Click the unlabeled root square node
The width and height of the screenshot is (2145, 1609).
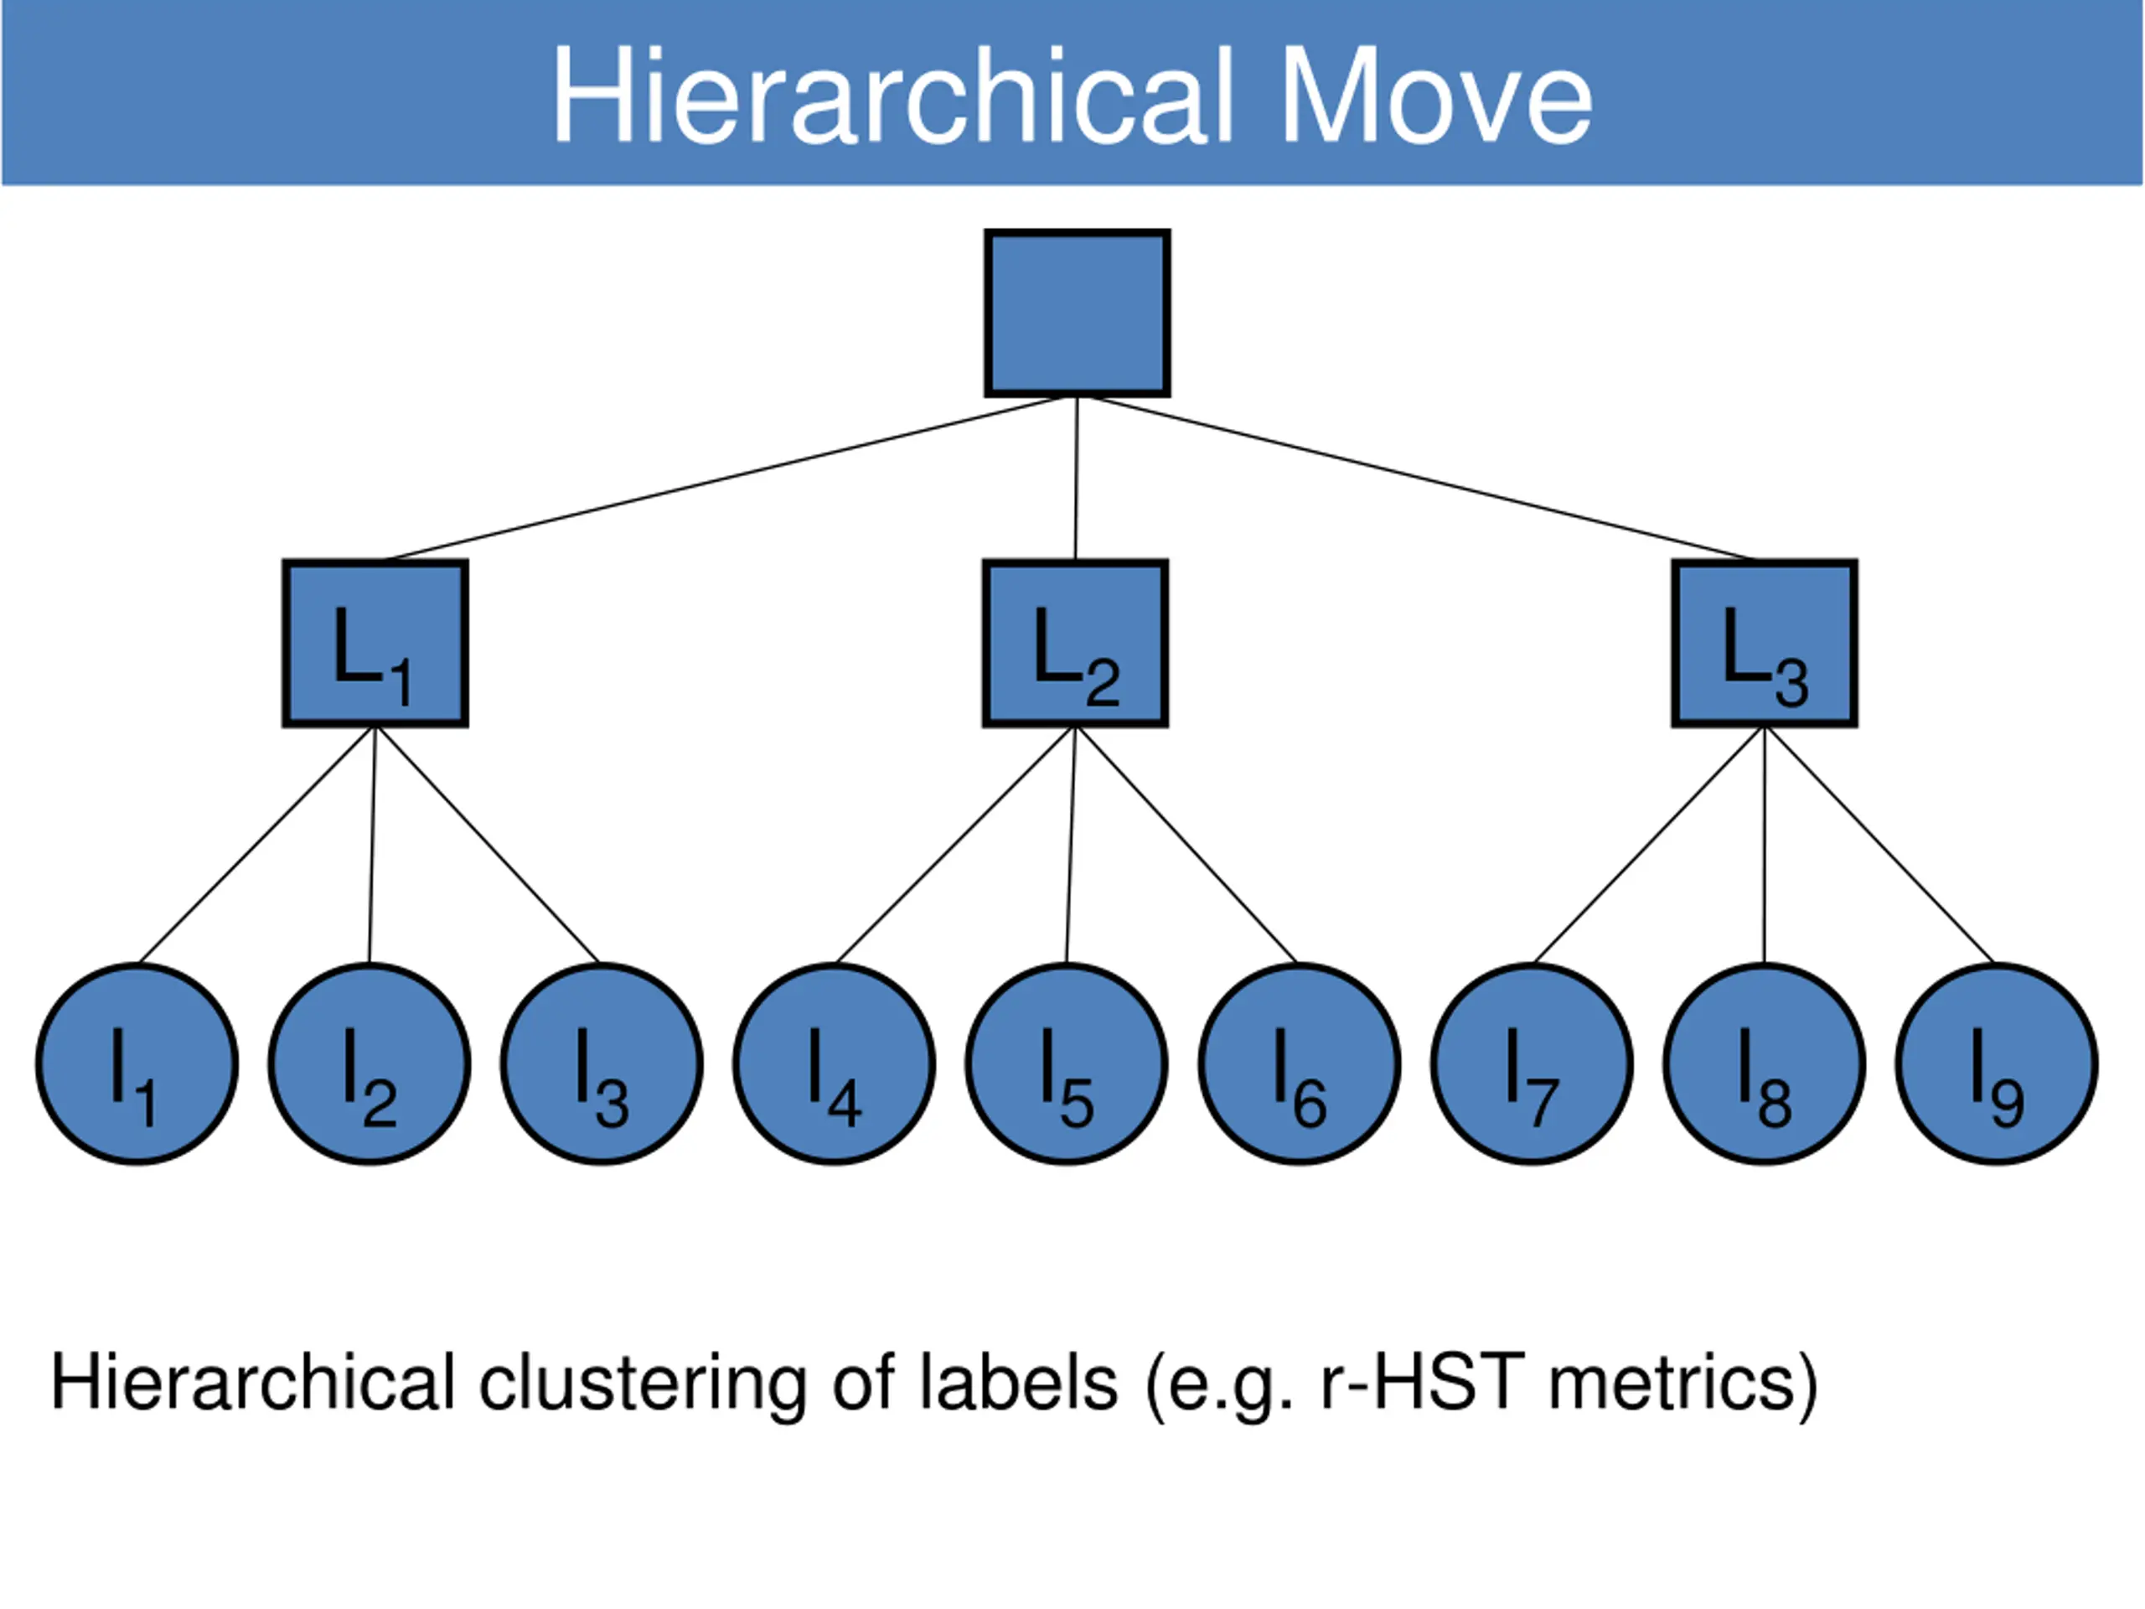pos(1078,313)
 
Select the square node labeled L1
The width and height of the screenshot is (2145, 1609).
pos(375,643)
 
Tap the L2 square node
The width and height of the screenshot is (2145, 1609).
pos(1075,643)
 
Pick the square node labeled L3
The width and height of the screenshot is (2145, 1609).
pos(1765,643)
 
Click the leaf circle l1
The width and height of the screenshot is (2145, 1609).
pos(137,1064)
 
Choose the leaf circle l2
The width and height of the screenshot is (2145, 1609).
pos(370,1064)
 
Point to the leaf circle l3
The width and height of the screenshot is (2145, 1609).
pos(602,1064)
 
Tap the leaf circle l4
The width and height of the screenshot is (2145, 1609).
pos(834,1064)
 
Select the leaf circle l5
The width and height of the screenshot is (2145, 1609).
pos(1067,1064)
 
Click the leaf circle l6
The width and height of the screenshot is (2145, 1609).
pos(1300,1064)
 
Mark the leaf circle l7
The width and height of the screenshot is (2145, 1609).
pos(1533,1064)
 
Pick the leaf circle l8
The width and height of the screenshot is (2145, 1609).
pos(1764,1064)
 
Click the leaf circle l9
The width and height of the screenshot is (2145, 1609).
pos(1997,1064)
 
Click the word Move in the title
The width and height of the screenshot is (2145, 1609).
pos(1437,96)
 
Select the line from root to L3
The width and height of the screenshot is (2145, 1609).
pos(1420,479)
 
